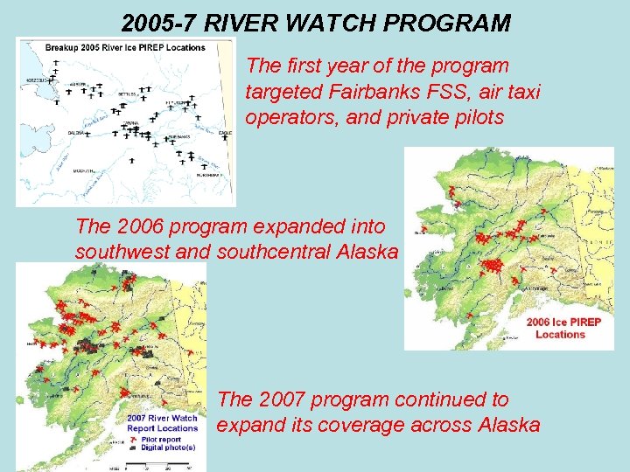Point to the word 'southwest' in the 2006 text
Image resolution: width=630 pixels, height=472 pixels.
pyautogui.click(x=121, y=252)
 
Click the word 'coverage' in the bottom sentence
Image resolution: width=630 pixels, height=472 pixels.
pyautogui.click(x=374, y=425)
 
